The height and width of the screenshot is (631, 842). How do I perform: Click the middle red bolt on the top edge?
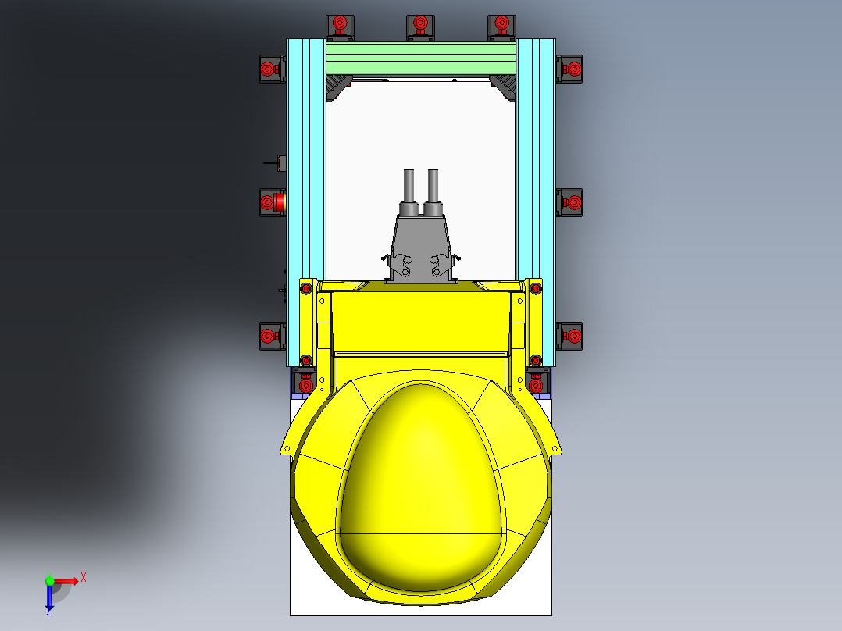419,24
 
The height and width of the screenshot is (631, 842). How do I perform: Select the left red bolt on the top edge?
339,24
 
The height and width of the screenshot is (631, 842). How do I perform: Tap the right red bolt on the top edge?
501,24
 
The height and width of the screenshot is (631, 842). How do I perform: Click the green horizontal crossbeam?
420,58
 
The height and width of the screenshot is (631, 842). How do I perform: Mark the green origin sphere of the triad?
49,581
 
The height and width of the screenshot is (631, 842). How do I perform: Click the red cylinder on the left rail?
278,202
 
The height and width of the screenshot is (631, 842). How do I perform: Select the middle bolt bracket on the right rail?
571,202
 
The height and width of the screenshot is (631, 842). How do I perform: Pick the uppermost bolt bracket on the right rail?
571,70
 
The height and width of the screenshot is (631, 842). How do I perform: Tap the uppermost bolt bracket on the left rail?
269,70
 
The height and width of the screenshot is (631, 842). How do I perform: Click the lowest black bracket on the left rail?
270,337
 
